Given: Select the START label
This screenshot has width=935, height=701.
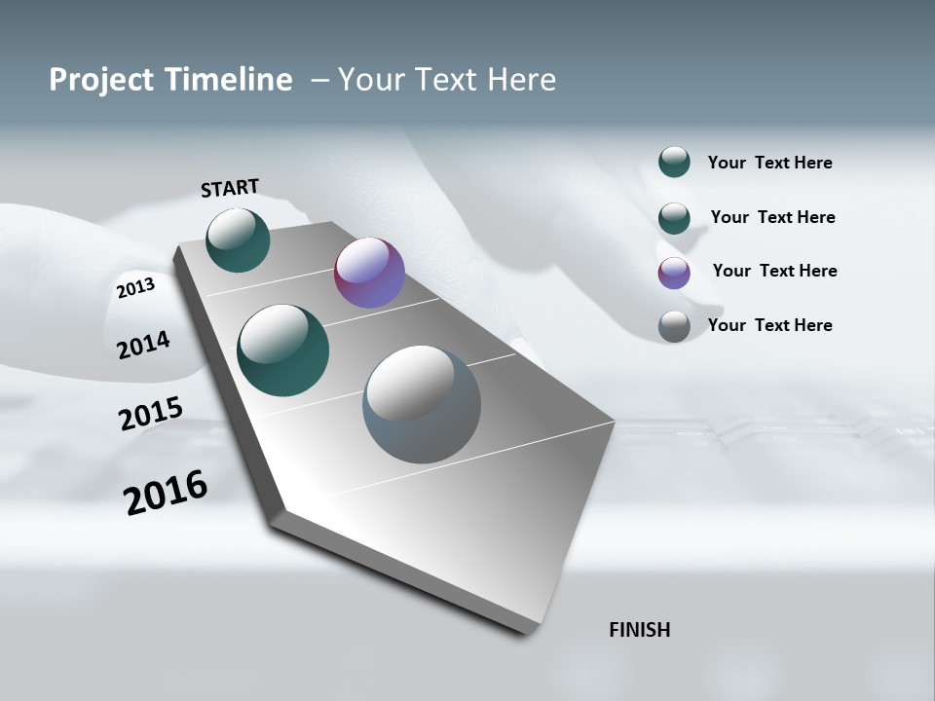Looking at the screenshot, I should pyautogui.click(x=230, y=188).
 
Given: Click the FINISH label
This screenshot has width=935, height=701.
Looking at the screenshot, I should pyautogui.click(x=640, y=630).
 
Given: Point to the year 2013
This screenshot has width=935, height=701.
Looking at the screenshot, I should pyautogui.click(x=135, y=288).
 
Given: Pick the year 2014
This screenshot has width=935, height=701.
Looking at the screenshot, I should pyautogui.click(x=143, y=345).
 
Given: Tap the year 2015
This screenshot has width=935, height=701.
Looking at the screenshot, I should pyautogui.click(x=151, y=414).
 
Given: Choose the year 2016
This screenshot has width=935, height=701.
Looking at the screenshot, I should pyautogui.click(x=166, y=493).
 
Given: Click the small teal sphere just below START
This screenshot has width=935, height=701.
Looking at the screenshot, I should pyautogui.click(x=238, y=240).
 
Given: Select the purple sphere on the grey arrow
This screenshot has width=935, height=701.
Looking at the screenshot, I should pyautogui.click(x=369, y=274).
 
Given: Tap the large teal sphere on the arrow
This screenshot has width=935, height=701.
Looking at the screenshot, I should pyautogui.click(x=283, y=350).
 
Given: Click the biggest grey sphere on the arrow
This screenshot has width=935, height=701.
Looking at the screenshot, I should pyautogui.click(x=422, y=404).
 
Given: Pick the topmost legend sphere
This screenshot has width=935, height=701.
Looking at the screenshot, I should pyautogui.click(x=674, y=162).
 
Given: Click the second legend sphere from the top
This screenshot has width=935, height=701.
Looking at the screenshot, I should pyautogui.click(x=674, y=218).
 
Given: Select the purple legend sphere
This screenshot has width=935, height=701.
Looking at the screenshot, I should pyautogui.click(x=674, y=273).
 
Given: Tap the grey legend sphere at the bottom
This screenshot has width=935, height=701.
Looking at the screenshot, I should pyautogui.click(x=674, y=326).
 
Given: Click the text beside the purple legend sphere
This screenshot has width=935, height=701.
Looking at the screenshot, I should pyautogui.click(x=774, y=271).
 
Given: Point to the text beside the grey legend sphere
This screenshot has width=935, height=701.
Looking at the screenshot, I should pyautogui.click(x=769, y=325).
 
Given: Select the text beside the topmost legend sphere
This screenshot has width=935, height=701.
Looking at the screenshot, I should pyautogui.click(x=769, y=163).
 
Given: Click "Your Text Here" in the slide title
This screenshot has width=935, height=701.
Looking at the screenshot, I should pyautogui.click(x=447, y=80).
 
